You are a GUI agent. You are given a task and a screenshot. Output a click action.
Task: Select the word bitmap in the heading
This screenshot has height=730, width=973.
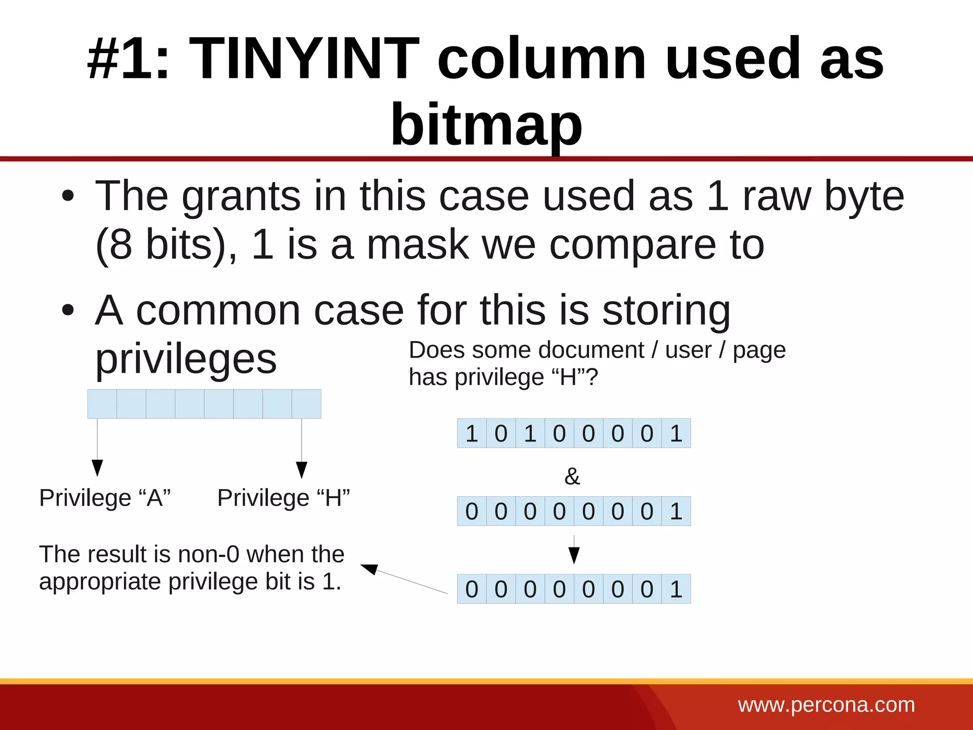(x=486, y=125)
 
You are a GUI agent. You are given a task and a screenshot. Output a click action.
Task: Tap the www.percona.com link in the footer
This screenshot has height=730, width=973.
(x=826, y=705)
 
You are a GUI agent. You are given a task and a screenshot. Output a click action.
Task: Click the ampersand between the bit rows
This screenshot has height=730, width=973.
(x=572, y=476)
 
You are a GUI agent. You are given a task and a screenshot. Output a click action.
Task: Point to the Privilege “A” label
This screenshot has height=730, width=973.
(x=105, y=498)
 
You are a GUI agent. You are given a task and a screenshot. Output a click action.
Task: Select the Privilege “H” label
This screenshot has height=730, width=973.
(x=284, y=498)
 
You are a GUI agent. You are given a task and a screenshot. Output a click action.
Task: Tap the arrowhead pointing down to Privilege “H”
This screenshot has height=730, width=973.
(x=302, y=469)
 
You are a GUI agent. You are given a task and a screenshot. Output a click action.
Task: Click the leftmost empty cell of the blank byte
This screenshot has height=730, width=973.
(x=102, y=404)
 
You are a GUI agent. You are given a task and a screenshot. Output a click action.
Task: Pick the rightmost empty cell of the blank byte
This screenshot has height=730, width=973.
(x=306, y=404)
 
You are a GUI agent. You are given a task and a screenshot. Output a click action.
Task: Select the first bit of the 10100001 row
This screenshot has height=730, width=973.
(x=472, y=433)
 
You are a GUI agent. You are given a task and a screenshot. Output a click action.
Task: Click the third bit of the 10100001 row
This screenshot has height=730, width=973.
(x=530, y=433)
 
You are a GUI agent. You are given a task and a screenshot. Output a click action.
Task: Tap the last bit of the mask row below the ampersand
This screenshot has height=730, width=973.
(x=676, y=511)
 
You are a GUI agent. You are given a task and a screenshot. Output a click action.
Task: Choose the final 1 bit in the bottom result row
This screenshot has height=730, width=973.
(x=676, y=589)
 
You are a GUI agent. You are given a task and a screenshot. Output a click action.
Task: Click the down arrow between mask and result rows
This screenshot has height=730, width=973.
(x=574, y=554)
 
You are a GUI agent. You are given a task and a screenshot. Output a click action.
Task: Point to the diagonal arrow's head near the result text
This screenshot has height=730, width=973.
(x=370, y=568)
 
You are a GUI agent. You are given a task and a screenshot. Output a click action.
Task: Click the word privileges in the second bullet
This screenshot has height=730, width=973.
(x=186, y=359)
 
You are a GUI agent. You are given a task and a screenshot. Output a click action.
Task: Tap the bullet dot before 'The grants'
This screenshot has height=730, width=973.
(x=68, y=196)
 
